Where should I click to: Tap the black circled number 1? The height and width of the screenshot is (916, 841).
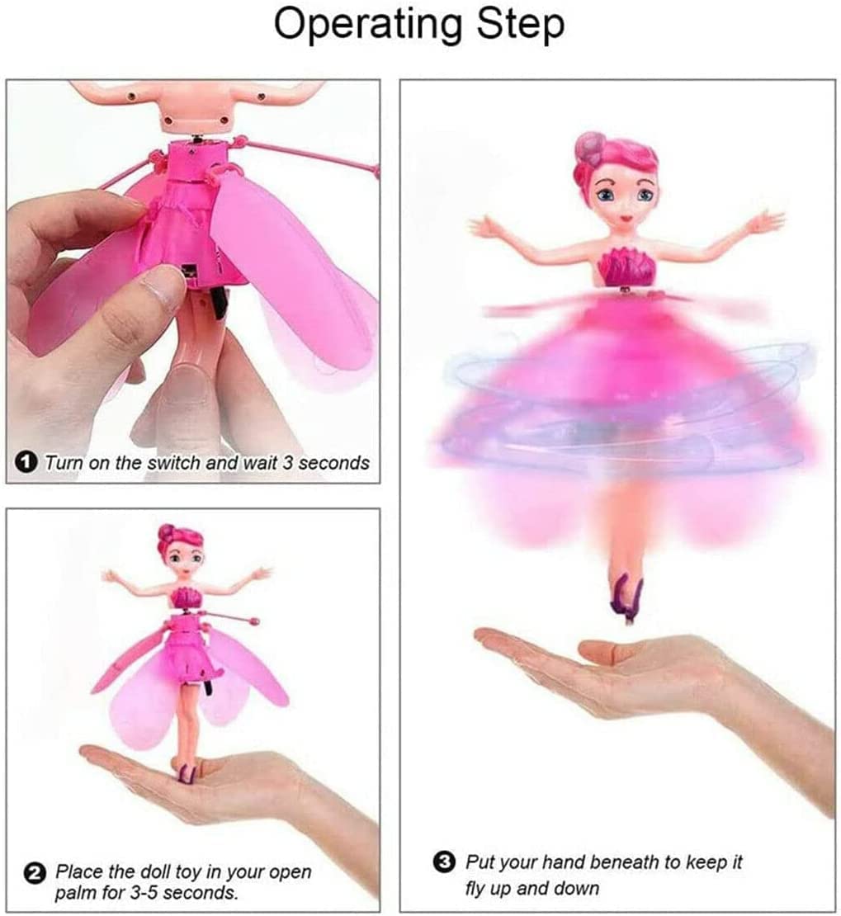[x=26, y=463]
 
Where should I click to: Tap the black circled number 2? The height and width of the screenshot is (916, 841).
[x=35, y=871]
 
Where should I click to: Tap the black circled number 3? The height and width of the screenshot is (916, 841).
[x=445, y=863]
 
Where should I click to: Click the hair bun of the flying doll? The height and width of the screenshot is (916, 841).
[x=588, y=148]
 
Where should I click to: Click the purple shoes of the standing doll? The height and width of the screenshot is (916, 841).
[x=187, y=772]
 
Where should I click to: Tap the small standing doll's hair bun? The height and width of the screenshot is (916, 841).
[x=166, y=532]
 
